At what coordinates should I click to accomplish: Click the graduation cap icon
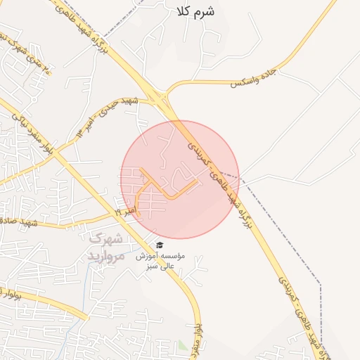[160, 245]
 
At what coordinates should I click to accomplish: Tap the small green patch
[182, 345]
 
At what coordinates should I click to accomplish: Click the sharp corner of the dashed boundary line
[321, 285]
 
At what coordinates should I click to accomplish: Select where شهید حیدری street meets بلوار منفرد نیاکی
[55, 153]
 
